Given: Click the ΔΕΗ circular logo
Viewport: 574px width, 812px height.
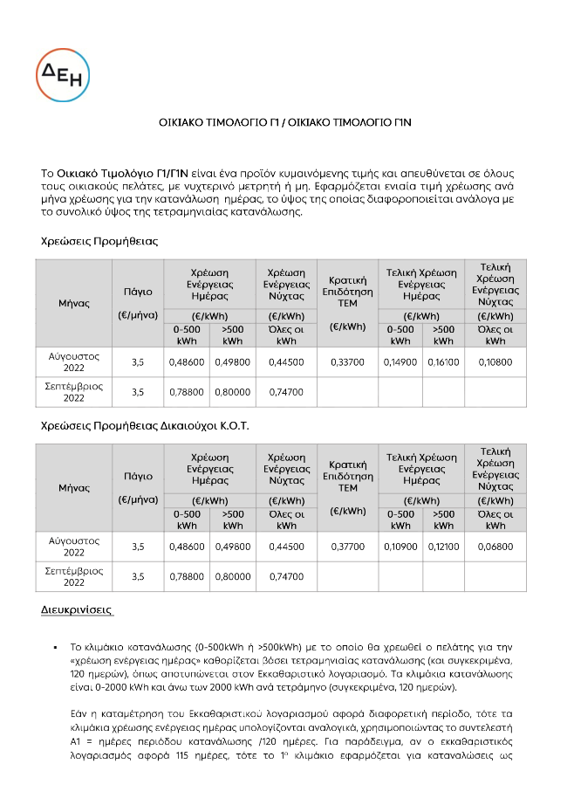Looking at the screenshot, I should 63,77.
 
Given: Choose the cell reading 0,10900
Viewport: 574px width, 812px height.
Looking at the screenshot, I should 400,547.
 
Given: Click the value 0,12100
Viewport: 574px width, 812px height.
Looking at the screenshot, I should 443,547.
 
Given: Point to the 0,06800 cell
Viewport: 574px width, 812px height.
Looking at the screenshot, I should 495,547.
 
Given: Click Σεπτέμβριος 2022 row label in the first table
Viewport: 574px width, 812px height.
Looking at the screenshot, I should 73,392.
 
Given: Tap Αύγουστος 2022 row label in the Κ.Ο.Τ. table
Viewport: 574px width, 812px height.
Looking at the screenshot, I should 73,547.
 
